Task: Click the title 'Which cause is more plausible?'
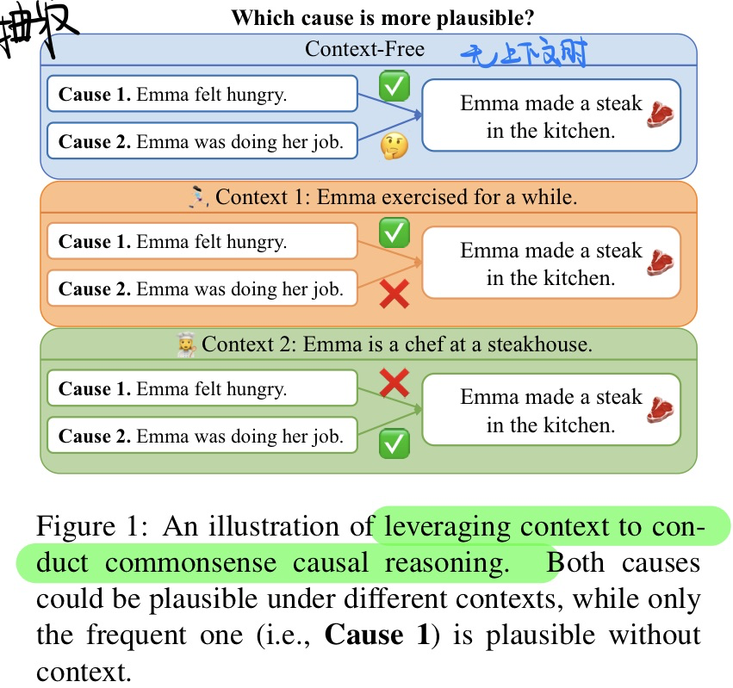click(x=382, y=17)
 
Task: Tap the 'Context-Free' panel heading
click(x=364, y=49)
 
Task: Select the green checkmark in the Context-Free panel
click(x=394, y=87)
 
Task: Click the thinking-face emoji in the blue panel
click(x=394, y=146)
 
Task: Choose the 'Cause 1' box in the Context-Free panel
click(x=202, y=94)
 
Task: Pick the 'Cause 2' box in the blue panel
click(x=202, y=141)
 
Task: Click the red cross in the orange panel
click(x=394, y=295)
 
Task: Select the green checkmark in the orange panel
click(x=394, y=232)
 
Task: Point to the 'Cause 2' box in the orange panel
click(x=202, y=289)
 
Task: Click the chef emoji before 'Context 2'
click(x=186, y=345)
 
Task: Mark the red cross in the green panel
click(x=394, y=383)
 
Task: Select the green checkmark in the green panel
click(x=394, y=443)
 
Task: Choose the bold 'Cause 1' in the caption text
click(x=376, y=635)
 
